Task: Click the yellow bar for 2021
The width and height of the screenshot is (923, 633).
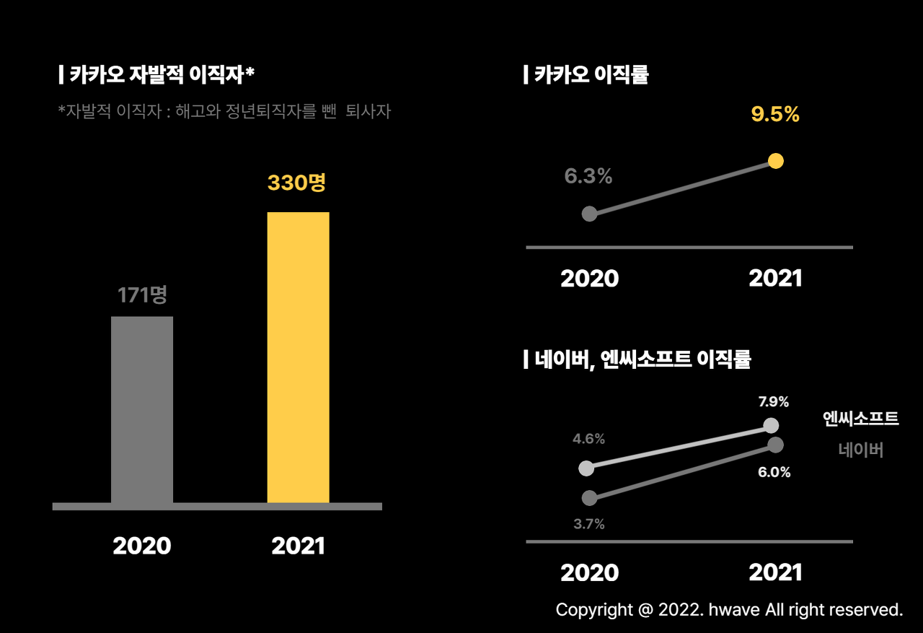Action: [298, 357]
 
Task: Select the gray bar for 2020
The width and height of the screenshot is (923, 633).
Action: [142, 409]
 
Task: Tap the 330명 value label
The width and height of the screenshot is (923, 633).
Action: [296, 183]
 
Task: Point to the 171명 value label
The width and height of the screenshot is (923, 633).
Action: [142, 294]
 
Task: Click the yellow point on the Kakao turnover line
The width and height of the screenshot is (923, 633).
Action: [776, 161]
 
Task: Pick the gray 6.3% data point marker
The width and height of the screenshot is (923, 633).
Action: [589, 214]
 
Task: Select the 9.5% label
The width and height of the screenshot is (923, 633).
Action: [775, 114]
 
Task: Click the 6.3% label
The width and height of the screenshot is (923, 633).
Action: [588, 176]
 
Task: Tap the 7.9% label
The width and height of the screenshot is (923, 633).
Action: [774, 402]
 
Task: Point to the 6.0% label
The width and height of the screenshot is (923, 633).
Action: [774, 473]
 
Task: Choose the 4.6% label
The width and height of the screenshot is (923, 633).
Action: [588, 439]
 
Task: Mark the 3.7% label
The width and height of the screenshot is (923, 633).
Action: [589, 525]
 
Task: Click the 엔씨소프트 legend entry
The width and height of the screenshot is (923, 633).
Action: [861, 419]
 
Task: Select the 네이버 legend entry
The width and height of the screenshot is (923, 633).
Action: [861, 450]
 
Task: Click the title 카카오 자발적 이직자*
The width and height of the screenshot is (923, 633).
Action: [156, 74]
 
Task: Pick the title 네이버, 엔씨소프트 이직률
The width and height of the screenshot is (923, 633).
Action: [637, 359]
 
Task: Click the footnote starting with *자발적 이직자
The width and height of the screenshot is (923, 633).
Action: [224, 112]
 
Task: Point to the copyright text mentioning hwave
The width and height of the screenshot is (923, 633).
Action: [729, 610]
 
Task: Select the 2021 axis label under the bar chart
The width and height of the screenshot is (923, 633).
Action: [298, 546]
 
